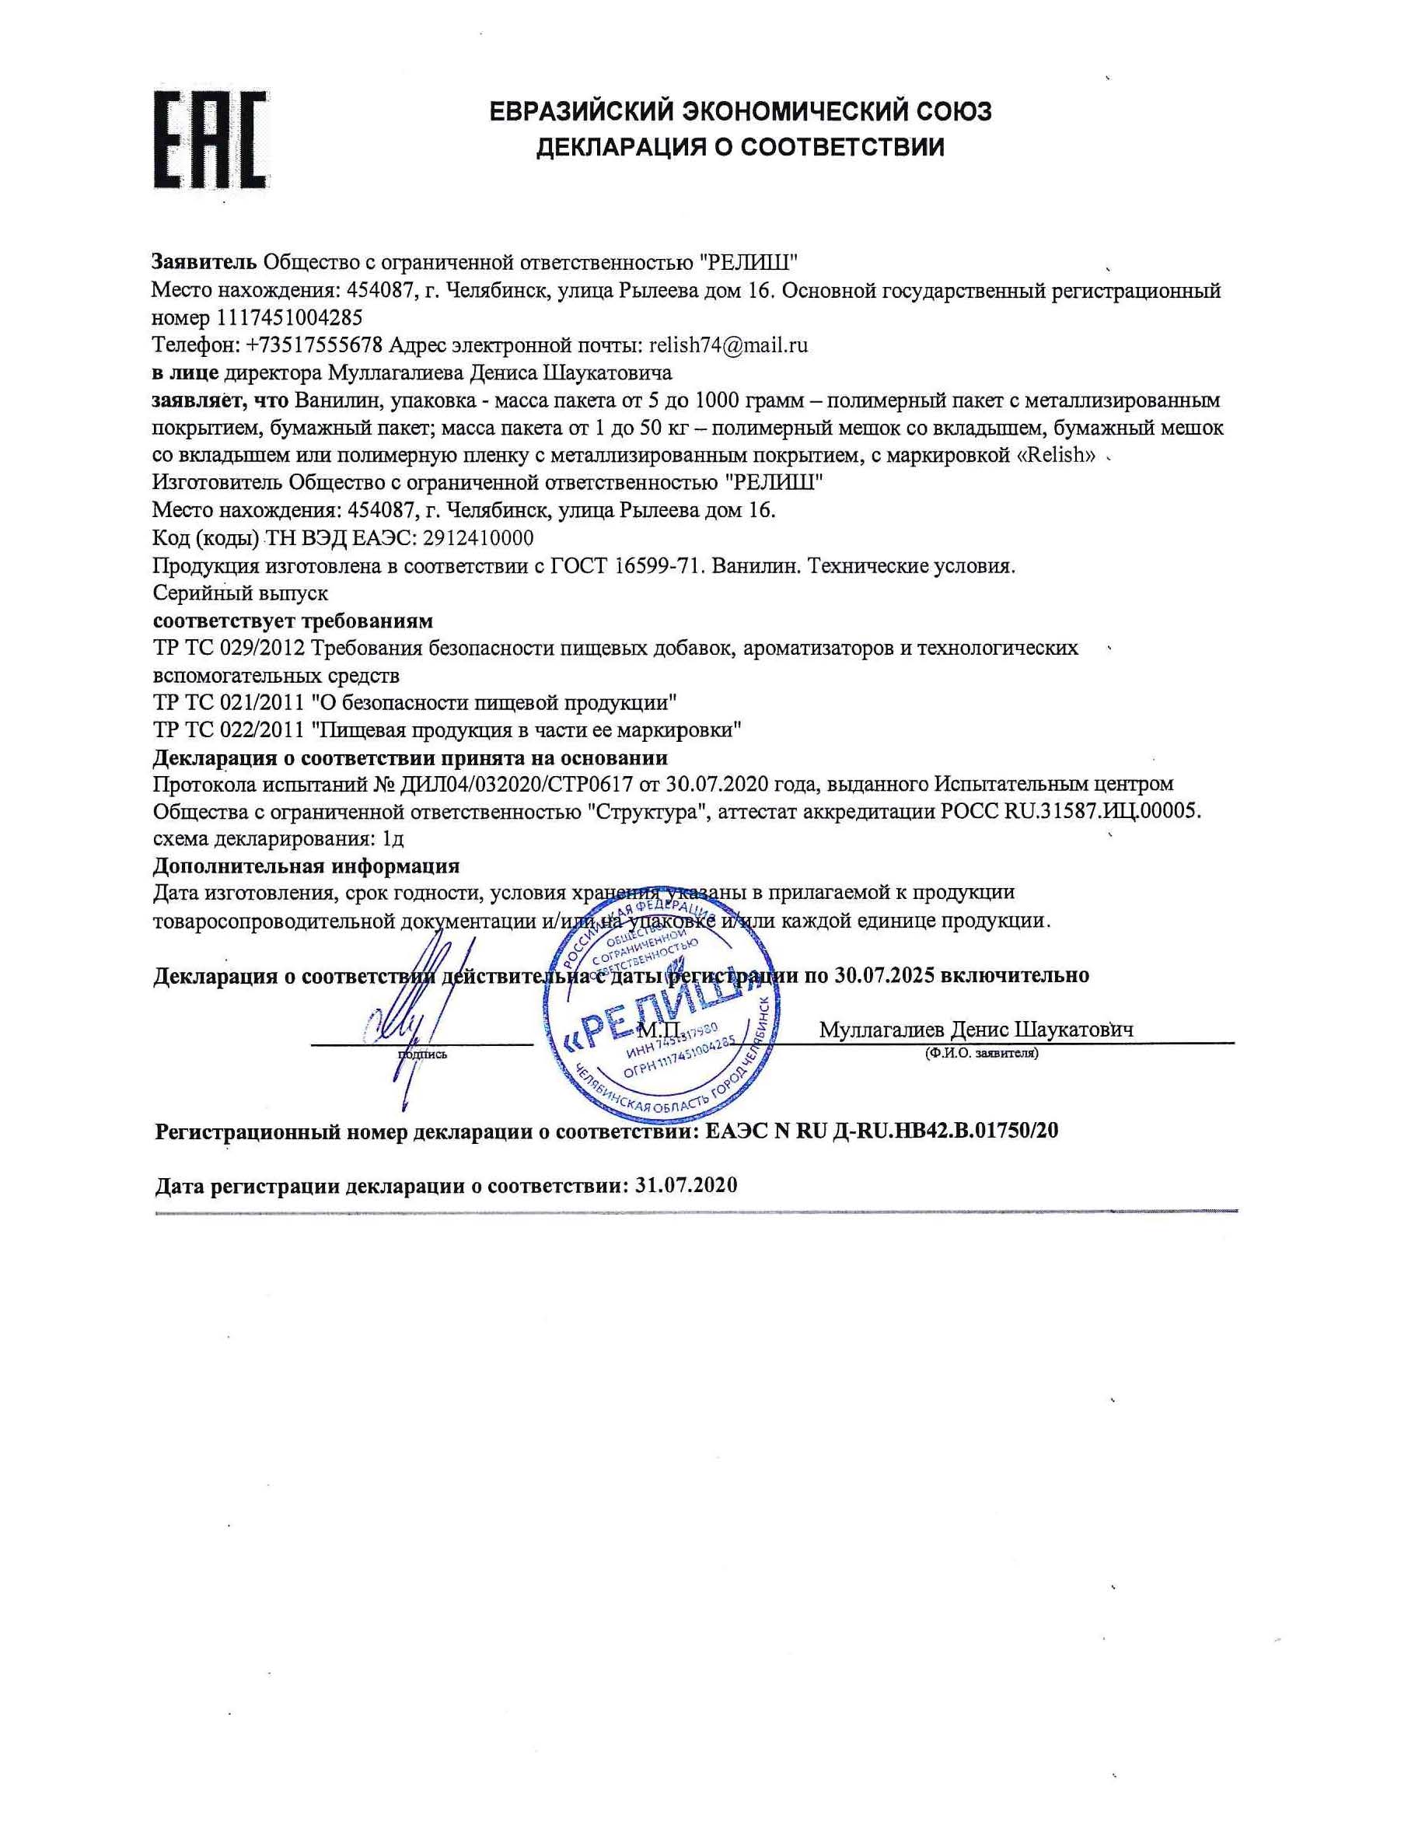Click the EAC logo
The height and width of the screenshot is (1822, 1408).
coord(210,138)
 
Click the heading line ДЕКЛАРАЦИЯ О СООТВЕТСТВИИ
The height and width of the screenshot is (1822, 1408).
coord(740,148)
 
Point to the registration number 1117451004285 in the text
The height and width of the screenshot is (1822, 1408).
coord(289,318)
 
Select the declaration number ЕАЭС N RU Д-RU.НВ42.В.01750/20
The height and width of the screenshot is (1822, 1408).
coord(882,1131)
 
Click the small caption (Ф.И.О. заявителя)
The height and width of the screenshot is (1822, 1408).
coord(981,1054)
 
